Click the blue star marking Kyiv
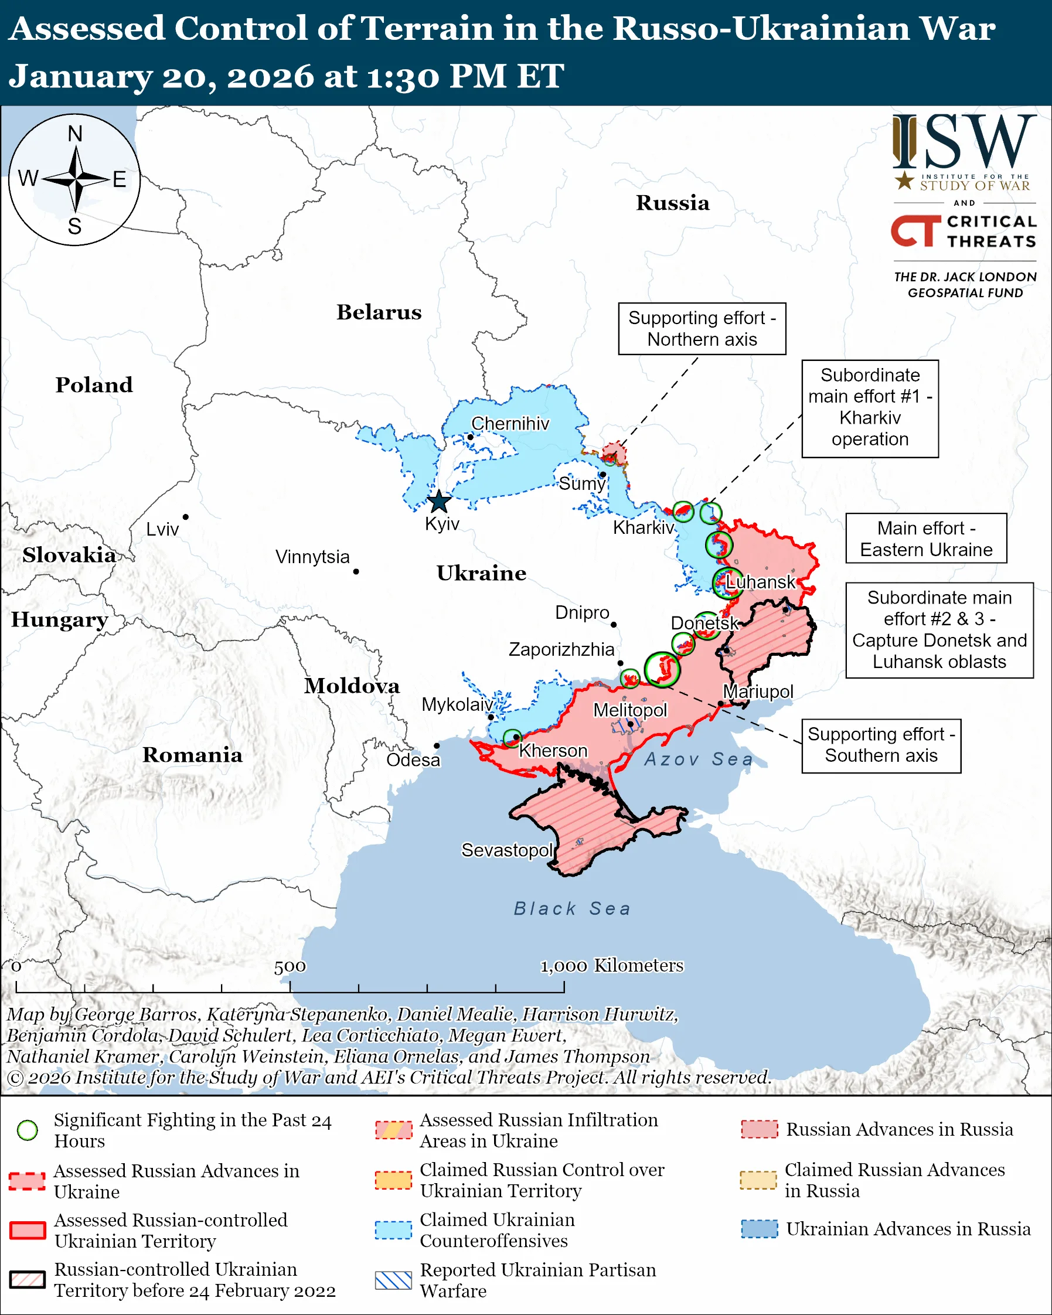[x=439, y=502]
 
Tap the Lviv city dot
[x=185, y=517]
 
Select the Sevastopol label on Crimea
[x=507, y=850]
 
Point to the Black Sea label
[x=571, y=909]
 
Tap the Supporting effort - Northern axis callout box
[x=702, y=329]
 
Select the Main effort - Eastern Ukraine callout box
[x=926, y=539]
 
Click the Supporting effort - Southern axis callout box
[x=881, y=745]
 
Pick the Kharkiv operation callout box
[x=870, y=407]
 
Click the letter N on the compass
[x=75, y=134]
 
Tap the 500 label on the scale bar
[x=290, y=967]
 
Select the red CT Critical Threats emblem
[x=915, y=230]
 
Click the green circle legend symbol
[x=28, y=1130]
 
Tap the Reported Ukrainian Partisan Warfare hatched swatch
[x=393, y=1280]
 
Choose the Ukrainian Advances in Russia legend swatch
[x=760, y=1228]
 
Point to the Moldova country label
[x=352, y=686]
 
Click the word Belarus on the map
[x=379, y=312]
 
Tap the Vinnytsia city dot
[x=356, y=571]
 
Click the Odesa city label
[x=413, y=760]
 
